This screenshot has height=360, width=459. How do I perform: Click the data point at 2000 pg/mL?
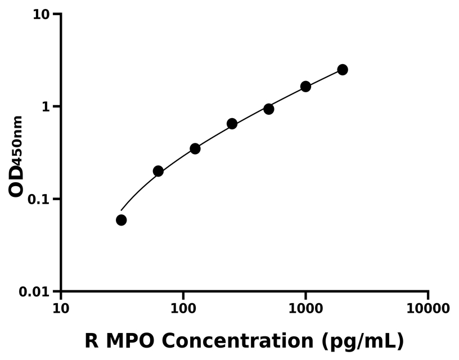(342, 70)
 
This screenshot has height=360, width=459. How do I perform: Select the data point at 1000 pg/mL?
(305, 87)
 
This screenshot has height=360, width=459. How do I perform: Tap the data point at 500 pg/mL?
(269, 109)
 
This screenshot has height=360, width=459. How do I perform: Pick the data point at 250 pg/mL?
(232, 124)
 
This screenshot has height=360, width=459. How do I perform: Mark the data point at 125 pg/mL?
(195, 148)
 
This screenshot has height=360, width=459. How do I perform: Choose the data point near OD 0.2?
(158, 171)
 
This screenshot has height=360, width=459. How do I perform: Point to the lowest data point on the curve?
(121, 220)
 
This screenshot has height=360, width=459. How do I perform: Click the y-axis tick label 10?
(43, 14)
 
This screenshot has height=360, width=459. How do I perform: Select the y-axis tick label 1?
(48, 107)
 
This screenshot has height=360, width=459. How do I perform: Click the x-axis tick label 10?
(61, 309)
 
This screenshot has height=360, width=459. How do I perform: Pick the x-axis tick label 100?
(183, 309)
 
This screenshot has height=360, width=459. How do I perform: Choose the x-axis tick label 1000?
(305, 309)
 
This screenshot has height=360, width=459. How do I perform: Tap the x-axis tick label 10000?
(427, 309)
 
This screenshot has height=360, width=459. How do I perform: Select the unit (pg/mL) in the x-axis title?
(363, 341)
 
